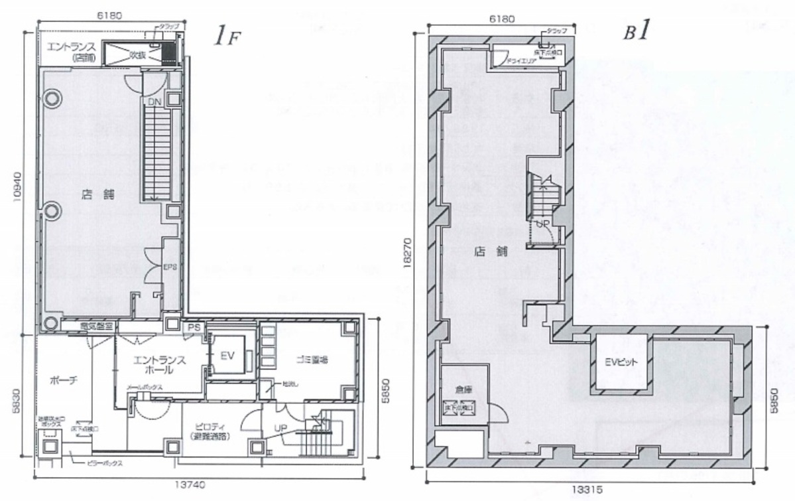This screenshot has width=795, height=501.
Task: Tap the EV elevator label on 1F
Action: [x=228, y=356]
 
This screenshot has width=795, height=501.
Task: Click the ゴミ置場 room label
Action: [x=310, y=359]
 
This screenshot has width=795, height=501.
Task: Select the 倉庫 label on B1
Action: [x=462, y=390]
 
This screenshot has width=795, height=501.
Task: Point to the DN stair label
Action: [x=154, y=102]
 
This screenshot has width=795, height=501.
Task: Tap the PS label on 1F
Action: [x=194, y=326]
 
